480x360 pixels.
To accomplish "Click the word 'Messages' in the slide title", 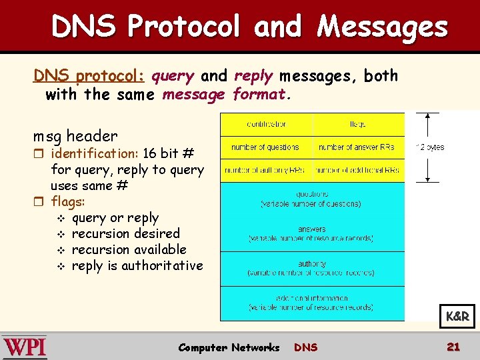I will (382, 27).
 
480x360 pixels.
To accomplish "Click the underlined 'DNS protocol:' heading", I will (89, 77).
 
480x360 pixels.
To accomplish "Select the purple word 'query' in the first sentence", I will (172, 76).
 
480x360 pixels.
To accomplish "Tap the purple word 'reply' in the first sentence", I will (253, 76).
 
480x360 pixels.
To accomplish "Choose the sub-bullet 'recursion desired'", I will (125, 233).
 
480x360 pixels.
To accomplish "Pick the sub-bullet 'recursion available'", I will (129, 249).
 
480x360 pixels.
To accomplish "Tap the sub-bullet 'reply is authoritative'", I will (137, 265).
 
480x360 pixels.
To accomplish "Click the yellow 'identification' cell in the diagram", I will (267, 124).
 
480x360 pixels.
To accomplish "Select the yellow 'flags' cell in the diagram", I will (359, 124).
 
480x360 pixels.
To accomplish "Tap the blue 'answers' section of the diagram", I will (312, 233).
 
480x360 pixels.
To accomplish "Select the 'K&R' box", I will (457, 317).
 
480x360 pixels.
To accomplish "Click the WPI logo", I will (25, 347).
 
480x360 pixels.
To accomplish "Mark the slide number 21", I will (453, 347).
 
